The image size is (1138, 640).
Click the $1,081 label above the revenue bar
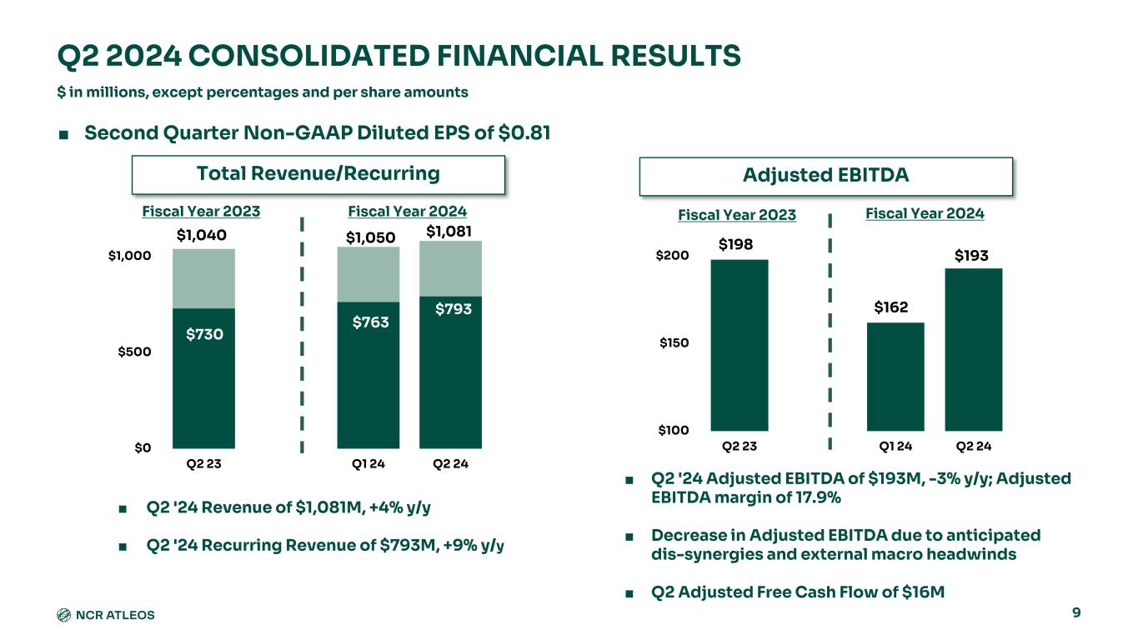click(449, 232)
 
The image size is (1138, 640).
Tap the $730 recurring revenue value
click(204, 334)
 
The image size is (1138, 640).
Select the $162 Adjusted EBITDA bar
click(895, 377)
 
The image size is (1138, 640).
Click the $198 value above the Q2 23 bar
click(735, 245)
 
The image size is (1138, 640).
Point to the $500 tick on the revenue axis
click(134, 352)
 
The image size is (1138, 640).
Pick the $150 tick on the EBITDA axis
click(674, 342)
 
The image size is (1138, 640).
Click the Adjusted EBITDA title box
click(825, 177)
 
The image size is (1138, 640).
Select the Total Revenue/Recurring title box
click(318, 175)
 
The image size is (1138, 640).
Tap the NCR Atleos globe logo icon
click(63, 615)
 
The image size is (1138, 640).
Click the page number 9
click(1076, 612)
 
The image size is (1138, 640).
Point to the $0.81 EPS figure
click(524, 133)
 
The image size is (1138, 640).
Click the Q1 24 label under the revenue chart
click(368, 463)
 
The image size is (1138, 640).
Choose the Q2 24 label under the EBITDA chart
click(974, 447)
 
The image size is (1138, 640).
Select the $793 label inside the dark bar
click(454, 309)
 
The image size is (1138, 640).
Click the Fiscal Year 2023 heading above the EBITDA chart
click(737, 215)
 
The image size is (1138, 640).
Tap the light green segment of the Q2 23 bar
click(203, 278)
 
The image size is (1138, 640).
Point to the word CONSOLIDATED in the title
click(308, 56)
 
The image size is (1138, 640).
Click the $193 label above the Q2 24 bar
click(971, 256)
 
